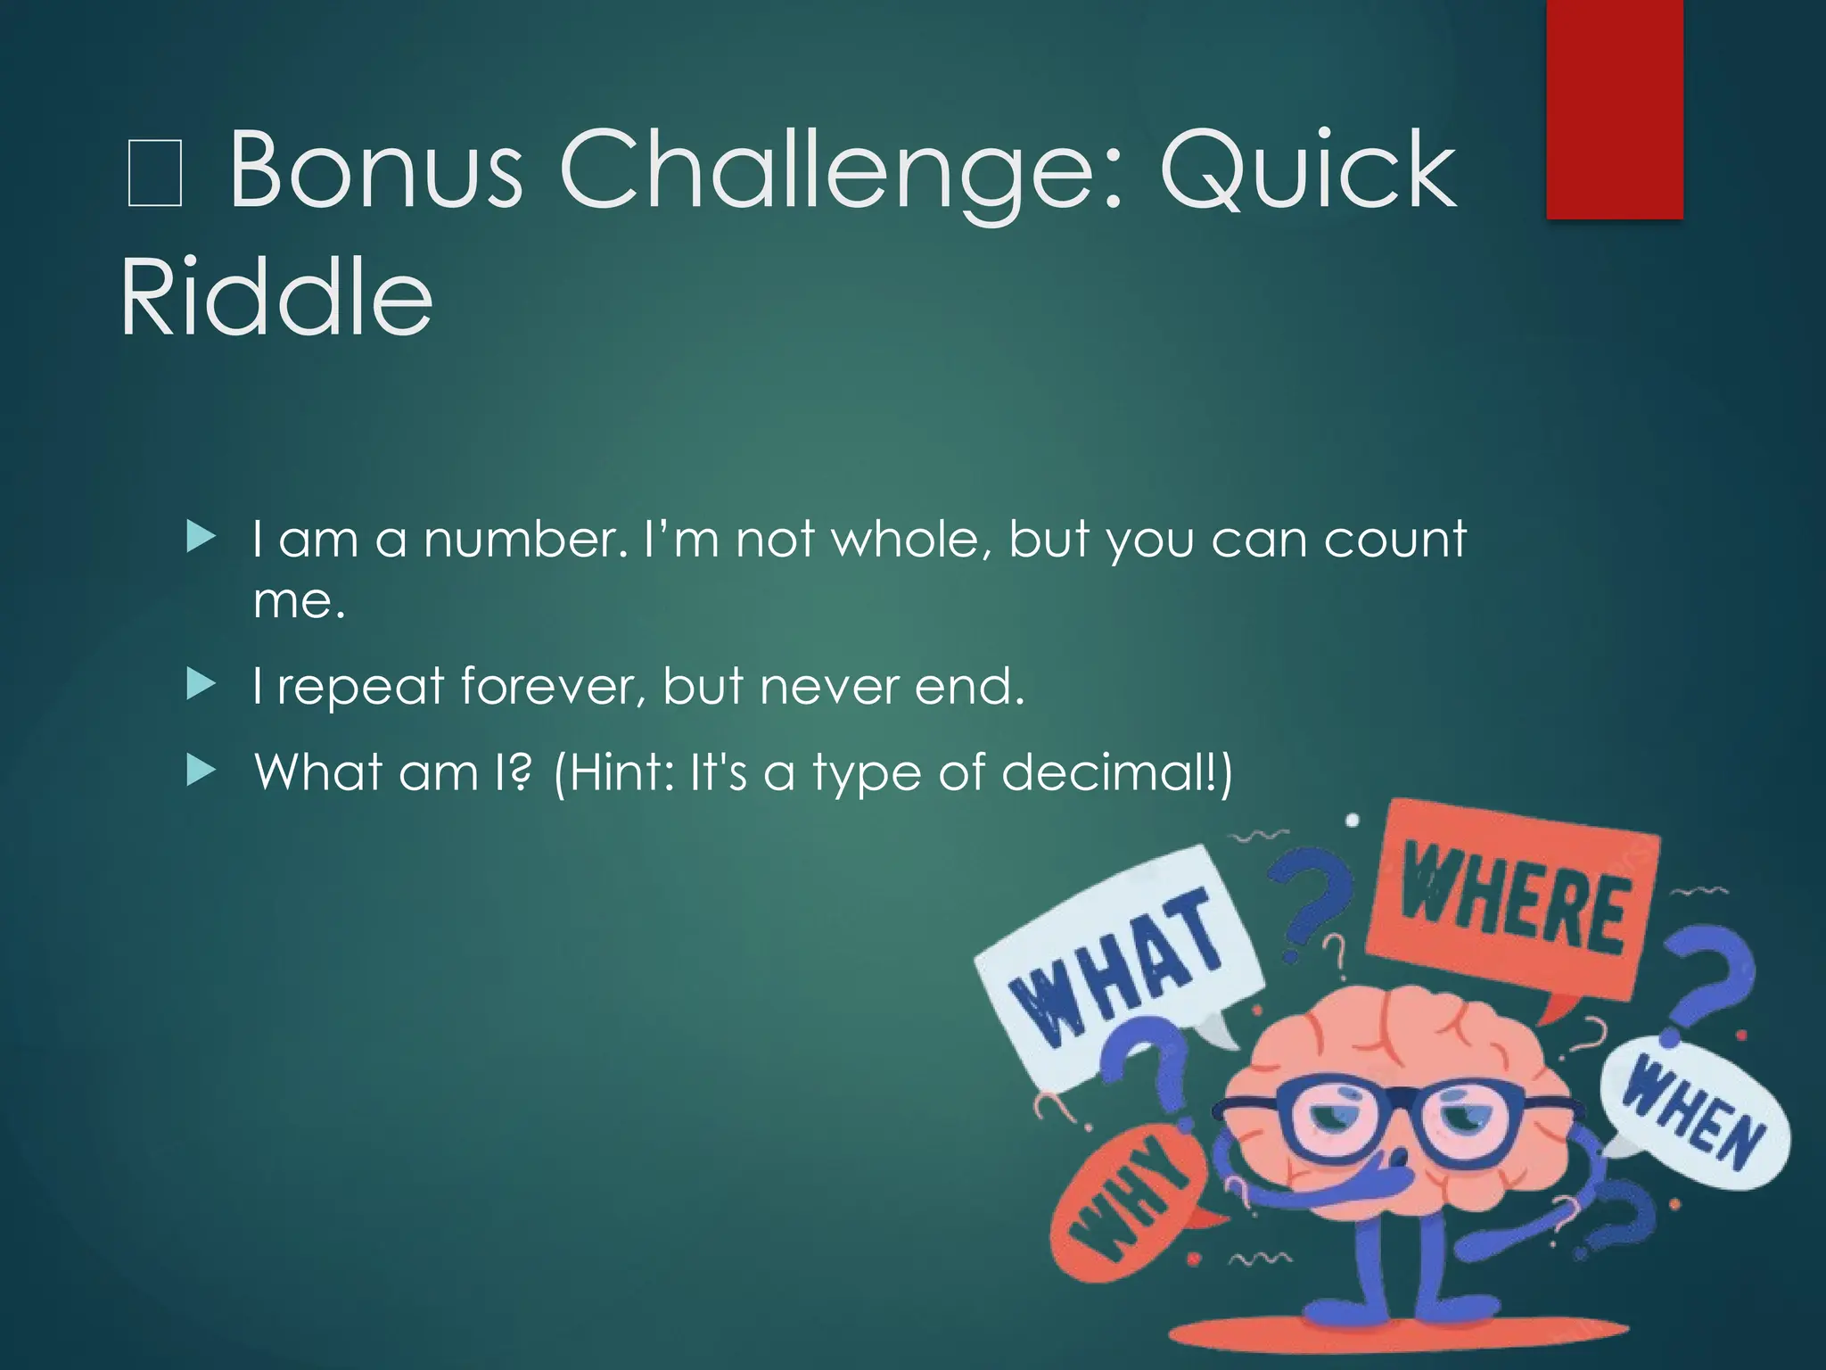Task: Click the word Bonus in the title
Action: [x=375, y=169]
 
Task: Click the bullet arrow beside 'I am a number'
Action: [x=202, y=538]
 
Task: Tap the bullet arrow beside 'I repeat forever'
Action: [x=202, y=686]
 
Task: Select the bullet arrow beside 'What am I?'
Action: [x=202, y=772]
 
